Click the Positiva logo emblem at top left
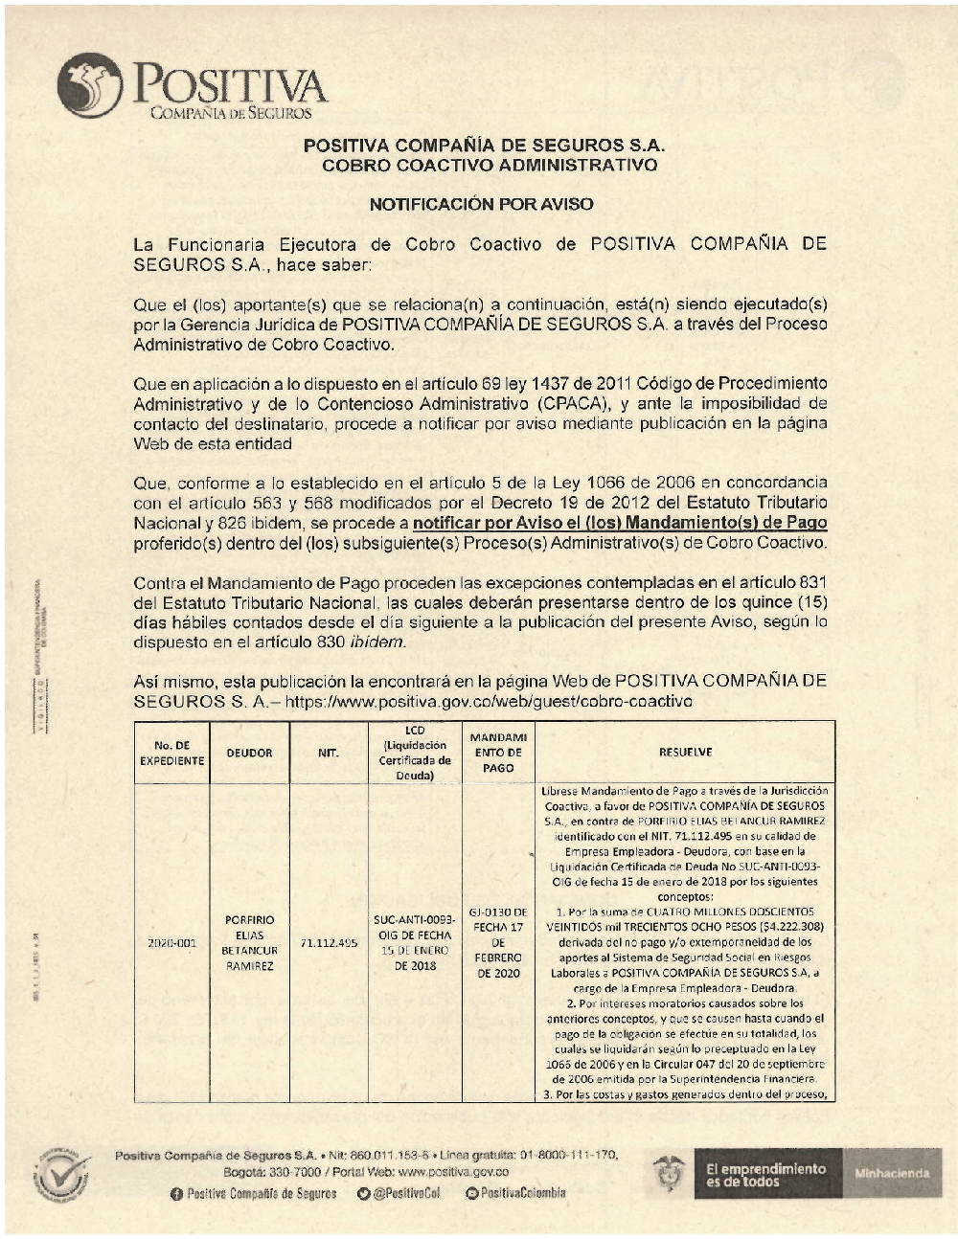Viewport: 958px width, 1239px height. (x=89, y=85)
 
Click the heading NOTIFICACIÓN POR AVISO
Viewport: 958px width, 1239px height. (x=481, y=204)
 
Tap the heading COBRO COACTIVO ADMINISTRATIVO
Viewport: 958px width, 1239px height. (x=490, y=166)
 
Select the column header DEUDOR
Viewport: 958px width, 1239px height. (x=249, y=753)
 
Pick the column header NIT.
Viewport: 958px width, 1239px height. (x=329, y=753)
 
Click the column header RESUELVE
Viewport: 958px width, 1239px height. (x=685, y=753)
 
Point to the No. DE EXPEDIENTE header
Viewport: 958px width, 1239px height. (x=172, y=753)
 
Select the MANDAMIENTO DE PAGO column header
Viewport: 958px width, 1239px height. (x=498, y=753)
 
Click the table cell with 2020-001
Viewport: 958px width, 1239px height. (x=172, y=943)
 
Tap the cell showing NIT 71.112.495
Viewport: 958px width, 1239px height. (x=329, y=943)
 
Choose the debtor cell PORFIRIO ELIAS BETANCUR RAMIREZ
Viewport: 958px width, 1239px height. (x=249, y=943)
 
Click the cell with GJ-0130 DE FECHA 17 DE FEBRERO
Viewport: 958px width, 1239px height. (x=498, y=943)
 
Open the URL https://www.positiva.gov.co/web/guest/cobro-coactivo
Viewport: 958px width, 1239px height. (x=489, y=701)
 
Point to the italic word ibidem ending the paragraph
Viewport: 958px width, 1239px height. (x=376, y=642)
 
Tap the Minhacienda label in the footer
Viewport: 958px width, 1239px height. (x=891, y=1173)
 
